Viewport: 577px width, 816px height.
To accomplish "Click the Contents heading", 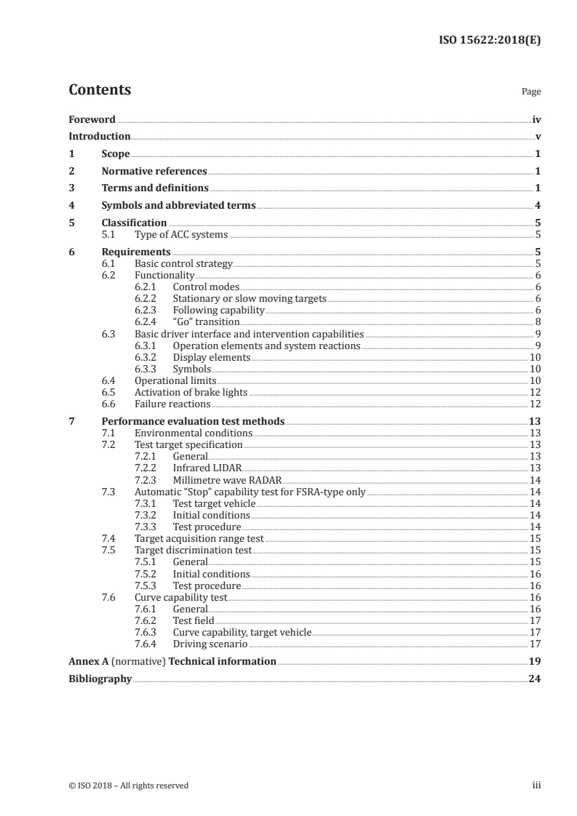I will [x=100, y=90].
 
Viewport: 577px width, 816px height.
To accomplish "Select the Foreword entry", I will [x=92, y=119].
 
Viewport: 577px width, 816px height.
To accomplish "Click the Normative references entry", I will [x=154, y=172].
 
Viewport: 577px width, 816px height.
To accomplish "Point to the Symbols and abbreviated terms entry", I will [x=178, y=205].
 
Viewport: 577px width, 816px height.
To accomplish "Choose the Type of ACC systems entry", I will [x=181, y=234].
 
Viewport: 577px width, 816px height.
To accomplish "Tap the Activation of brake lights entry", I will [x=191, y=392].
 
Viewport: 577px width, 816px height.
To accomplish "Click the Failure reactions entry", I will [x=172, y=404].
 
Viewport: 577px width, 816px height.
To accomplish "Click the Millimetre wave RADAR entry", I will [x=226, y=479].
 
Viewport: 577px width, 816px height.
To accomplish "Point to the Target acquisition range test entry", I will [x=199, y=539].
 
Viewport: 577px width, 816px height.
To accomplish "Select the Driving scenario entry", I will [x=210, y=644].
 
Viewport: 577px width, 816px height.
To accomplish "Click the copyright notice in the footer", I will [x=128, y=785].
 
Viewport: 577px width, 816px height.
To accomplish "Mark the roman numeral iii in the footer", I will [x=537, y=785].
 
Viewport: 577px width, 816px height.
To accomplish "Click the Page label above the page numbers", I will [x=531, y=92].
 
